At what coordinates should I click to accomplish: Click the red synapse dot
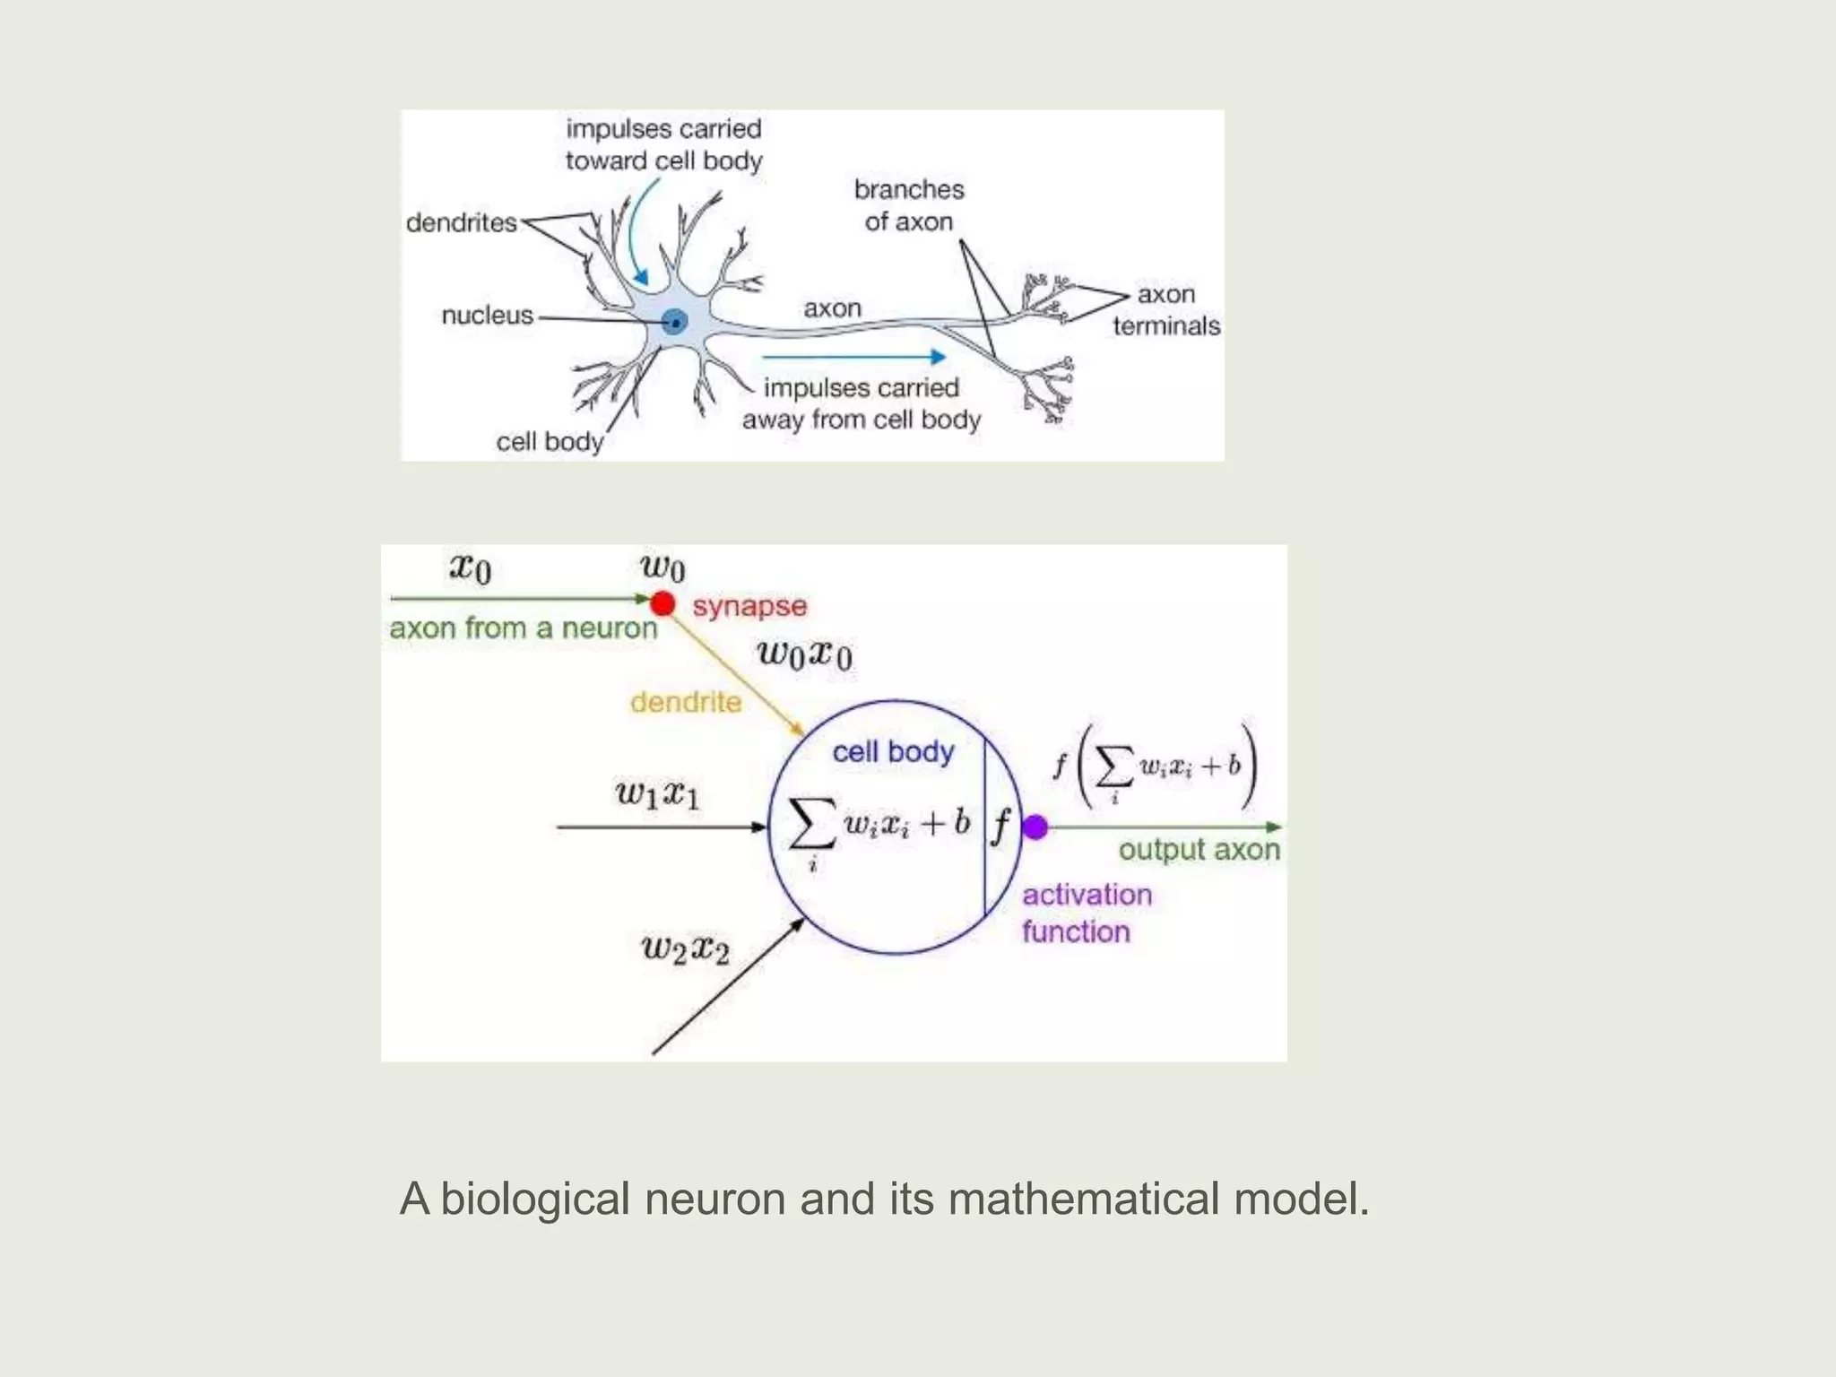(663, 603)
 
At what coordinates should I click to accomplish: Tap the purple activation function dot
(1035, 827)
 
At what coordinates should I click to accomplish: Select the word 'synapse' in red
(749, 607)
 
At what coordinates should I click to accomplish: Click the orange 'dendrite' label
(686, 702)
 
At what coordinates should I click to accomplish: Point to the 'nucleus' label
(488, 316)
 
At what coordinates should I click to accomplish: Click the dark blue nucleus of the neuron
(674, 321)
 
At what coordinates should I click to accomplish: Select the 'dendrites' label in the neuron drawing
(462, 222)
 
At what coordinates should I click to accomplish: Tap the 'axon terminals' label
(1166, 310)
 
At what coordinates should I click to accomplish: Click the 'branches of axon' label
(909, 205)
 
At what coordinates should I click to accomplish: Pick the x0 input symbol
(470, 568)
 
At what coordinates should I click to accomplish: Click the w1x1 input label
(657, 794)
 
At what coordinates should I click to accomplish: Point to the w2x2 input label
(686, 948)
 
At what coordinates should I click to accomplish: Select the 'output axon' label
(1199, 850)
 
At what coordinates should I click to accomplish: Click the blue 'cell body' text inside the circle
(893, 752)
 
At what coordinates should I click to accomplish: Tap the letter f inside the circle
(1000, 826)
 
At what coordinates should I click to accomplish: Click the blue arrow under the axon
(851, 357)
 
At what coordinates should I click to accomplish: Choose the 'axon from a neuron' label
(524, 628)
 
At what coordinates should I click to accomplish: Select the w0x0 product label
(804, 654)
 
